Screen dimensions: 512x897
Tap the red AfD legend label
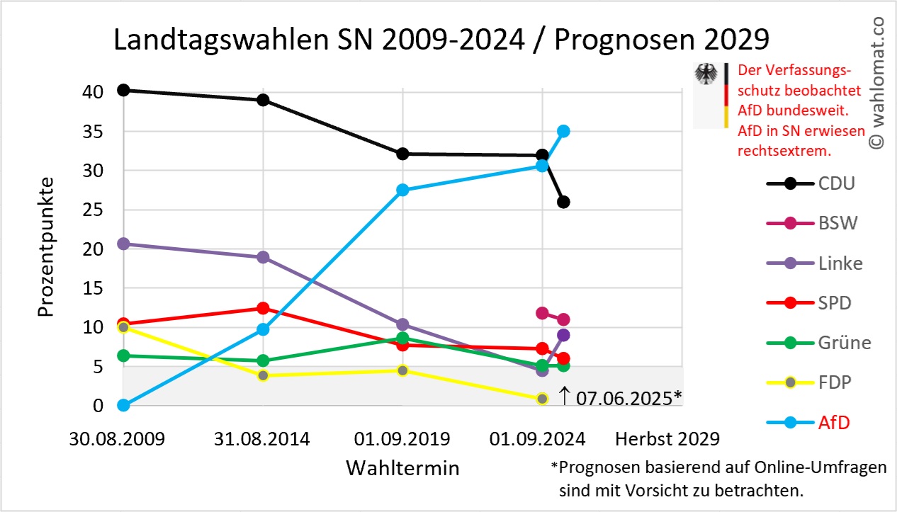[834, 423]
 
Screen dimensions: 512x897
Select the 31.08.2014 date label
[262, 439]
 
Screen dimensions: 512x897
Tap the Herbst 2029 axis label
[667, 439]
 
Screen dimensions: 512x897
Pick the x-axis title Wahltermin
[402, 468]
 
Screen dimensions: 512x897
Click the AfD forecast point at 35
[563, 131]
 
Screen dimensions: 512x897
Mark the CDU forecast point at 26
[563, 202]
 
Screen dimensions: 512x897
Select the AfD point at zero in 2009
[123, 405]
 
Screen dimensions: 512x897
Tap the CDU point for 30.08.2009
[123, 90]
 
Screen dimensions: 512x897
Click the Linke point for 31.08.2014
[263, 257]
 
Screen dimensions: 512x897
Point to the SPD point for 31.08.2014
[263, 308]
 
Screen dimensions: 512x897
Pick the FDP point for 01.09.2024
[542, 399]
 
